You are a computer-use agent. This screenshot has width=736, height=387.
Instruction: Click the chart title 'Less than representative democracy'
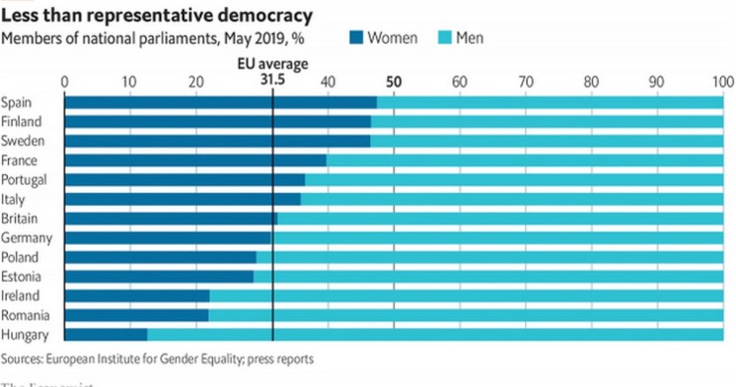[x=158, y=16]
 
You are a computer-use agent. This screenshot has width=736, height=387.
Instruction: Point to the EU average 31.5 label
[x=272, y=72]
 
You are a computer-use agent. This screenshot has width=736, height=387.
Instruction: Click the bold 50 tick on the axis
[x=394, y=82]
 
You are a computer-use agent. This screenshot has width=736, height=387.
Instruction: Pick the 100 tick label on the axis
[x=721, y=82]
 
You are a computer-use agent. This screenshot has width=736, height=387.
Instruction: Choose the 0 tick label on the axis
[x=65, y=82]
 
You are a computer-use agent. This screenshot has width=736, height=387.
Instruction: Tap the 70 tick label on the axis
[x=525, y=82]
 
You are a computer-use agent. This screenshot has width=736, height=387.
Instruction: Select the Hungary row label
[x=24, y=334]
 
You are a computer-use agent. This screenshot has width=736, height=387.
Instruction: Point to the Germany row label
[x=26, y=238]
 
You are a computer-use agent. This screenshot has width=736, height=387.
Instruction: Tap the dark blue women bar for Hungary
[x=104, y=334]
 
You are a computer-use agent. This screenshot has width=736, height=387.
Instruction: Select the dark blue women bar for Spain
[x=219, y=102]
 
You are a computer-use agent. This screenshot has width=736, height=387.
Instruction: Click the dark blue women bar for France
[x=194, y=160]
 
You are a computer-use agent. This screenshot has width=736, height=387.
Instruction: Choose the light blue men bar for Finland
[x=547, y=121]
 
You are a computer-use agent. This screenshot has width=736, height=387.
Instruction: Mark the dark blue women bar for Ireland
[x=136, y=295]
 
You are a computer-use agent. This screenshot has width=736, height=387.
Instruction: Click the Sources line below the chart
[x=157, y=358]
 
